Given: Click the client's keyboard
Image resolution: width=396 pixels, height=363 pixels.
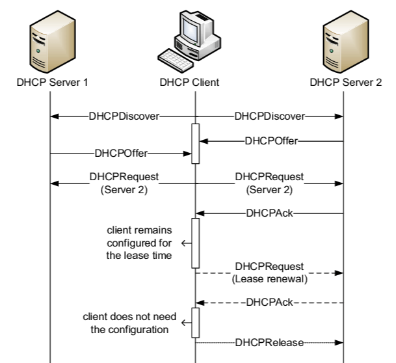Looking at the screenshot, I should (176, 60).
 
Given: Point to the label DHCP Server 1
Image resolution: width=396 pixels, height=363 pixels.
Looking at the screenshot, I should (50, 83).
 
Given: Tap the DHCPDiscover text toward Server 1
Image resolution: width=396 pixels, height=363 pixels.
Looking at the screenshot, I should (124, 117).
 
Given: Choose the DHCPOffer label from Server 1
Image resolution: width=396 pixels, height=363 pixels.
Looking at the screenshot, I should (121, 154).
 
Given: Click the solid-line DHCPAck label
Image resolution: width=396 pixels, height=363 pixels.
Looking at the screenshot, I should (271, 213).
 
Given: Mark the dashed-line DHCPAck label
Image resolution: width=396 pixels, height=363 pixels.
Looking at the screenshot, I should (271, 302).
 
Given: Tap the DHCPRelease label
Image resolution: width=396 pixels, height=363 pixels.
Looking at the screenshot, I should (270, 341).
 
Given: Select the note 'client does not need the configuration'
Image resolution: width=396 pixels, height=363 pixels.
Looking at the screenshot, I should (126, 323).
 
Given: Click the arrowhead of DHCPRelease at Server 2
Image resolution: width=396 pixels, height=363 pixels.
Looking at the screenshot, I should (340, 341).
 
